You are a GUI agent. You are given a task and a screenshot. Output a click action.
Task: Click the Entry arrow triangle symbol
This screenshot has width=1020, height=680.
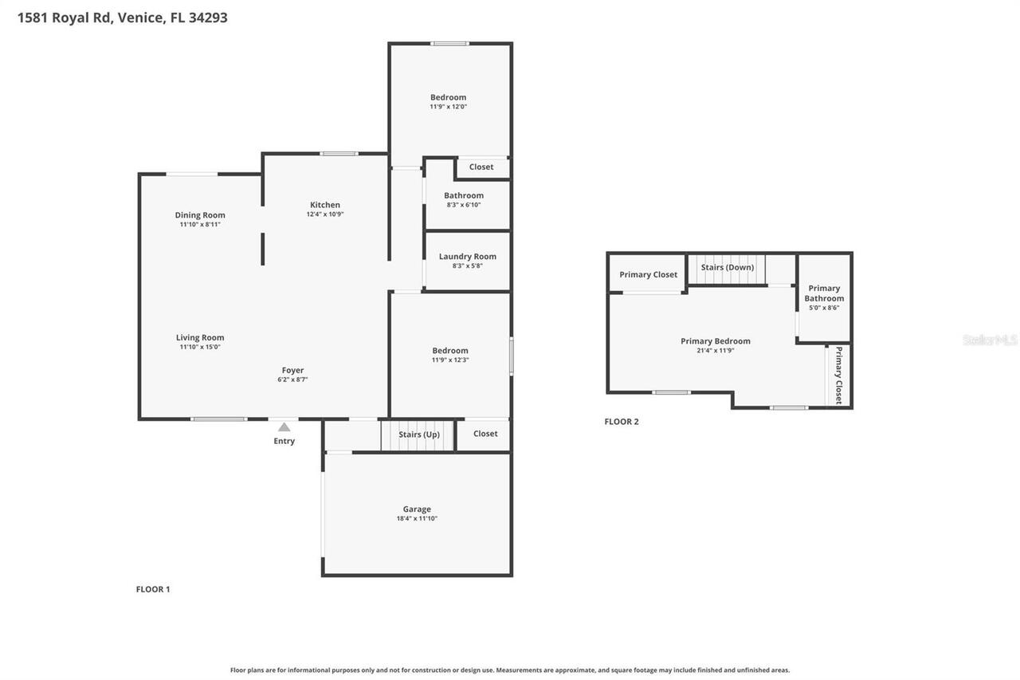tap(284, 427)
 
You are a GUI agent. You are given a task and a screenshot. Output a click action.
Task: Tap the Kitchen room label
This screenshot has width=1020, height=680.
tap(325, 205)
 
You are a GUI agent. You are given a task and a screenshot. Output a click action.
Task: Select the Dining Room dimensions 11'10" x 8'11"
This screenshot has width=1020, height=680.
tap(200, 225)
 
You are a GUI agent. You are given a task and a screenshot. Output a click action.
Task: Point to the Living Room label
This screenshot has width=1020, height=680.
tap(200, 337)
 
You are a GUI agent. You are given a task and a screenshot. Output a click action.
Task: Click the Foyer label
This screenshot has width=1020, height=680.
tap(292, 370)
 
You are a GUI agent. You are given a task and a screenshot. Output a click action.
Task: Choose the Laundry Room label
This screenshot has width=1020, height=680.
tap(468, 256)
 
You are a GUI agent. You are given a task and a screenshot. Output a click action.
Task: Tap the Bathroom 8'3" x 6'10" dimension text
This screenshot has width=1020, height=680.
tap(464, 205)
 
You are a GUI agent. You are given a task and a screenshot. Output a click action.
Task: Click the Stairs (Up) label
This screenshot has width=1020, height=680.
tap(419, 434)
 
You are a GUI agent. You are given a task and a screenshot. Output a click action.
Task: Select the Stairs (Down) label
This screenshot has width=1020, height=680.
tap(727, 267)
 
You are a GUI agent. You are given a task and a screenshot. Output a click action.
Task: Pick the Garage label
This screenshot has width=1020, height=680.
tap(417, 509)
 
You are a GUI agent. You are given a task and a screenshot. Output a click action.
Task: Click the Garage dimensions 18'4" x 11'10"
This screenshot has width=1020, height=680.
tap(417, 519)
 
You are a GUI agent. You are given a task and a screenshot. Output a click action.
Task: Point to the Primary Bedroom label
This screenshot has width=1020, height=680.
tap(715, 340)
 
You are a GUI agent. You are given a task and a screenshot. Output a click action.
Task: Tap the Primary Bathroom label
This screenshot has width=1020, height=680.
tap(824, 293)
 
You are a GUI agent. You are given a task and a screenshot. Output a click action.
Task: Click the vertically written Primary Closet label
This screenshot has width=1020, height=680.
tap(838, 375)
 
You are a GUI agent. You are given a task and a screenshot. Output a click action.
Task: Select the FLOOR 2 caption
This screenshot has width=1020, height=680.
tap(622, 422)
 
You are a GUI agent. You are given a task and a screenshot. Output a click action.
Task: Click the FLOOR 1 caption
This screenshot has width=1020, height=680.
tap(153, 589)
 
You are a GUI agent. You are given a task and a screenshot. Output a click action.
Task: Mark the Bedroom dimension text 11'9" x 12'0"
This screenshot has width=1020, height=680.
tap(449, 107)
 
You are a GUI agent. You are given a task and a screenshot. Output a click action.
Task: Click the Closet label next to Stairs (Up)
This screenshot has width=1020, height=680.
tap(485, 434)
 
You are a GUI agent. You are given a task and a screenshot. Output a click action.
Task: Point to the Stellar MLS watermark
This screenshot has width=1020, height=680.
tap(990, 340)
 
